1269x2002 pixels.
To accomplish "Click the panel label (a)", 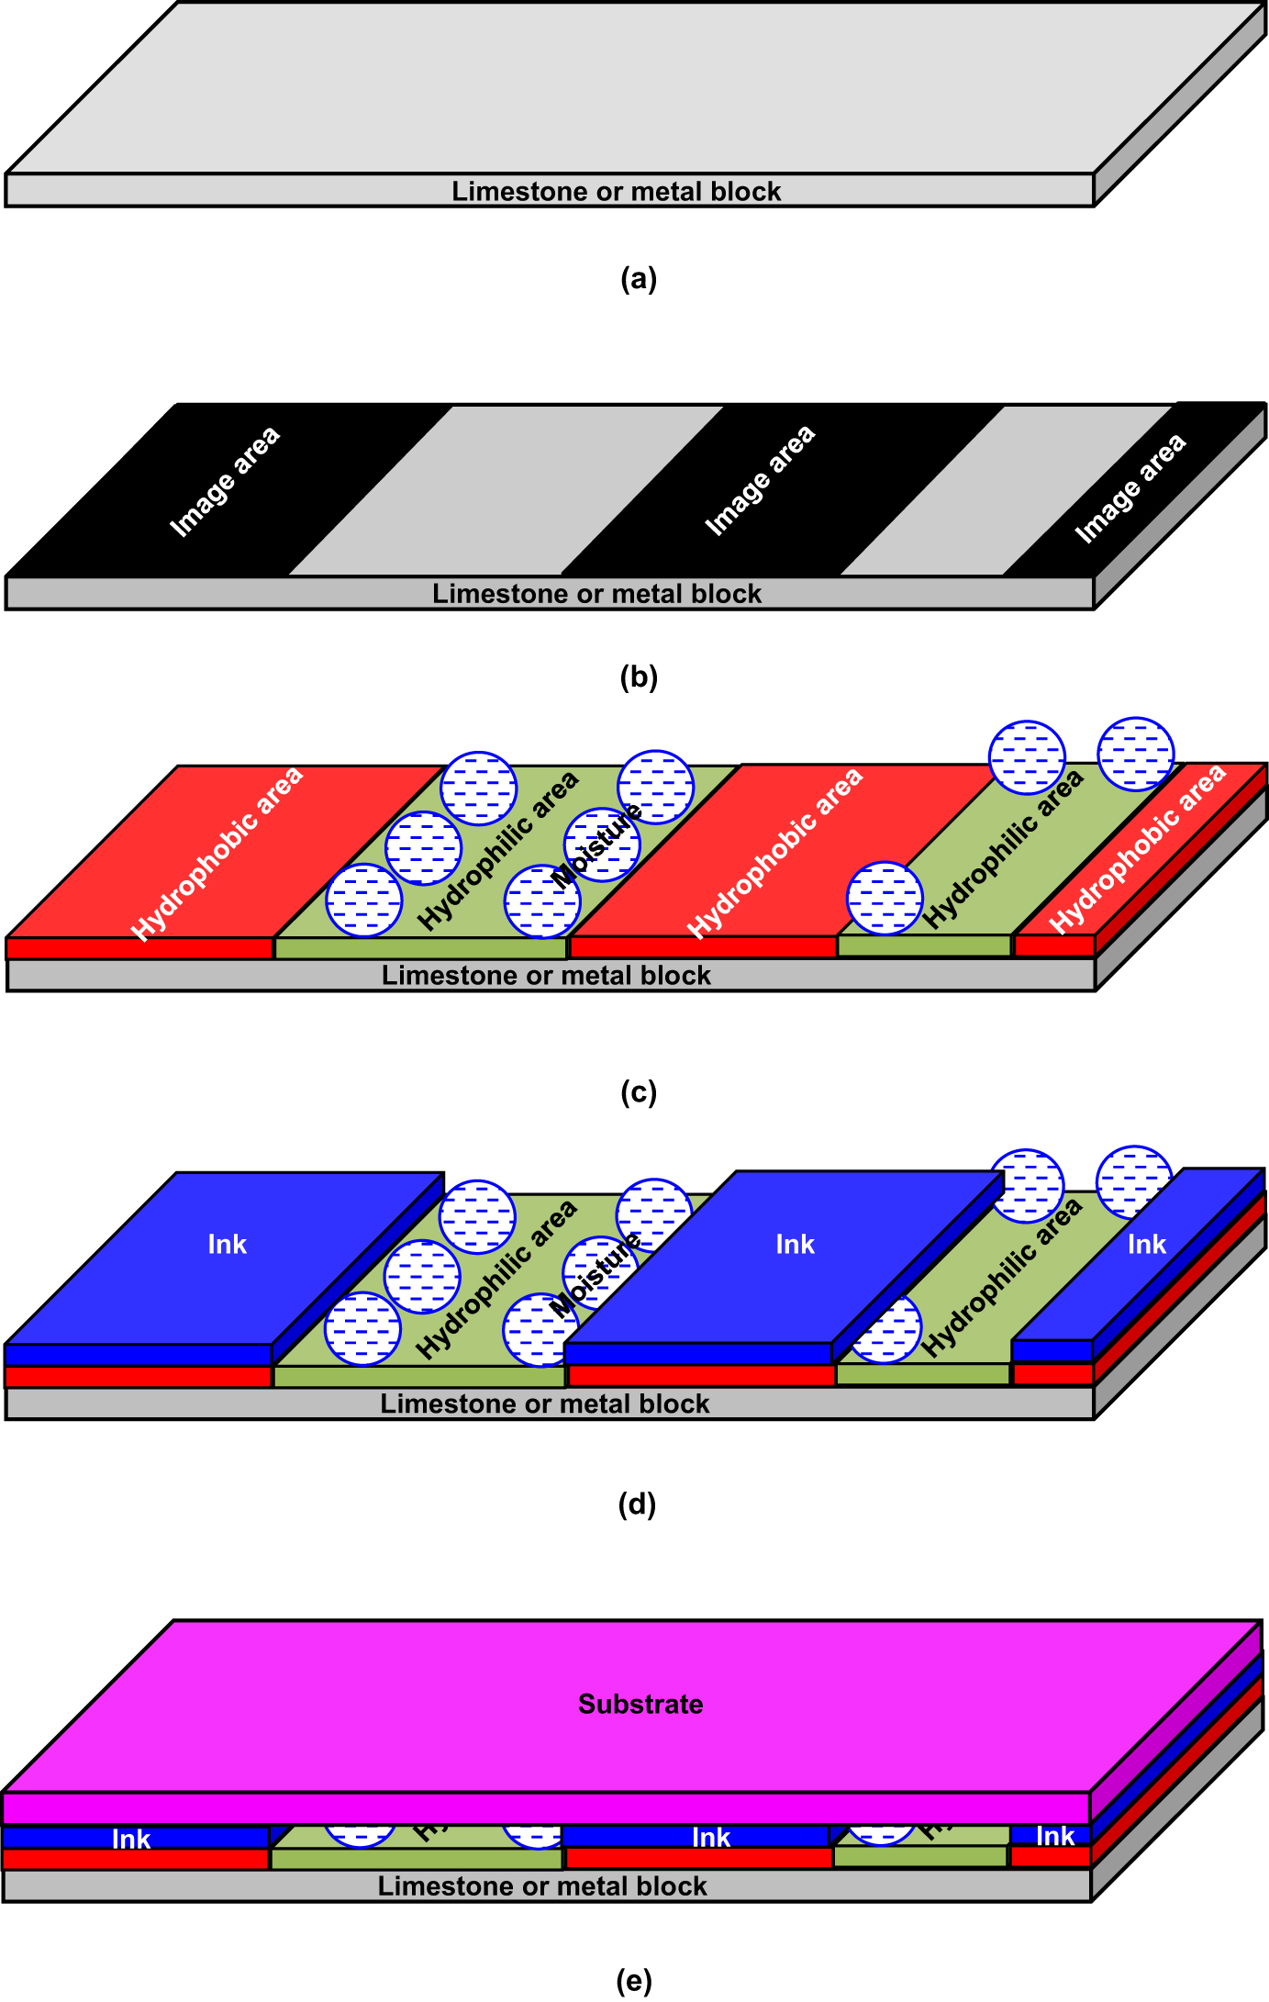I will (638, 279).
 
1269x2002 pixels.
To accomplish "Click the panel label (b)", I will (639, 677).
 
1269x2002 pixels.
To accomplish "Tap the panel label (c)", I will (639, 1092).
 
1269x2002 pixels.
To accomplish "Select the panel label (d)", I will (637, 1504).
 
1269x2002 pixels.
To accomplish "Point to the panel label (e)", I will (634, 1980).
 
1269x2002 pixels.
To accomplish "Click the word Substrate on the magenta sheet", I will (640, 1705).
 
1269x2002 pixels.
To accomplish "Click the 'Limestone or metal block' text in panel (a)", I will (616, 191).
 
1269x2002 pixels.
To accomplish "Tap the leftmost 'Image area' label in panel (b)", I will (225, 481).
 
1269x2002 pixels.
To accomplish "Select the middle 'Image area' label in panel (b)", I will (760, 480).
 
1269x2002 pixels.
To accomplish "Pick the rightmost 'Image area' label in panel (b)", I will (1130, 488).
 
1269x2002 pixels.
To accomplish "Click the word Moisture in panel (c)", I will (597, 845).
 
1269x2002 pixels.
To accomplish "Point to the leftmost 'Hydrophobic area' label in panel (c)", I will (217, 854).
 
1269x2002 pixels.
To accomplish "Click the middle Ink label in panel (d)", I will (795, 1245).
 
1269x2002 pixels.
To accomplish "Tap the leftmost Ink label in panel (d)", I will (227, 1245).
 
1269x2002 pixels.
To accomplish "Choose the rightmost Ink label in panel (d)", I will (1146, 1245).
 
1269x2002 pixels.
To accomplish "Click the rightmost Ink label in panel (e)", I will (1055, 1836).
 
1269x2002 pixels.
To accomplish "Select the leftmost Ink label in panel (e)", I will (131, 1840).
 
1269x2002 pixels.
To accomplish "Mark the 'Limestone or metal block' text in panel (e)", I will (542, 1886).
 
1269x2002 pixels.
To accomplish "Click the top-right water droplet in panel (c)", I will (1136, 755).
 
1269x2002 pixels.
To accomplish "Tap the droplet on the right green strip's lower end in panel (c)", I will (885, 899).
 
